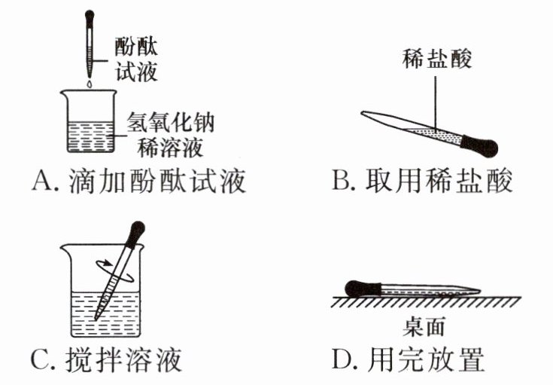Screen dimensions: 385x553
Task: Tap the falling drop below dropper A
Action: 89,87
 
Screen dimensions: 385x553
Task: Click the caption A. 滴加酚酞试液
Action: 139,182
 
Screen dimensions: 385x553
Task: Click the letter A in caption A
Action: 43,182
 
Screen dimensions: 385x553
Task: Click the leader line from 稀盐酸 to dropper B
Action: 436,98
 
